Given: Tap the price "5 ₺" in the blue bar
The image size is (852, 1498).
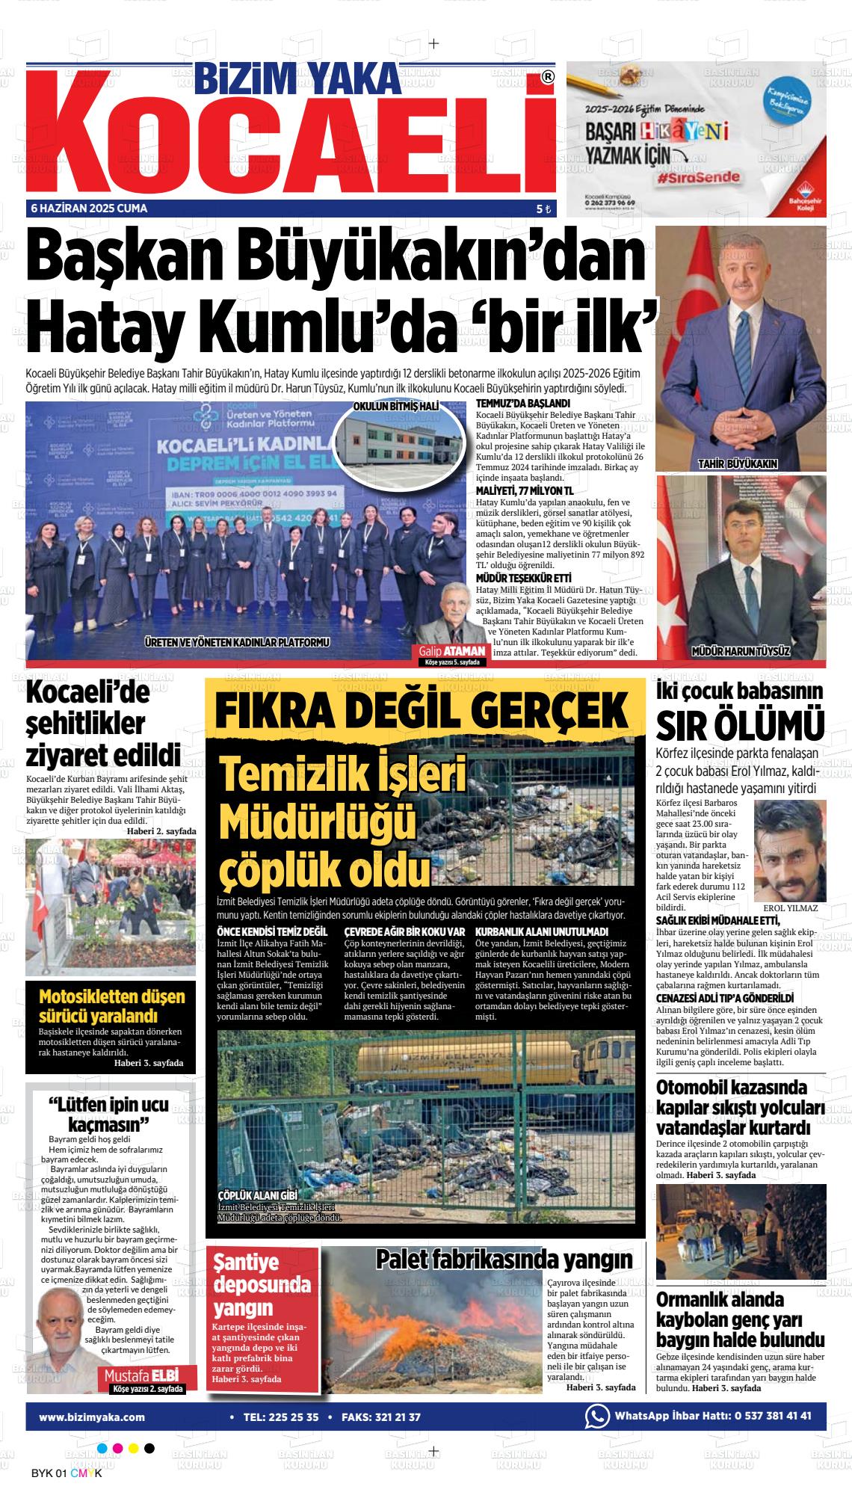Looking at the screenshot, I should (543, 209).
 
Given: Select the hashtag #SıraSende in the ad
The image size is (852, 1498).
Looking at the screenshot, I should (699, 178).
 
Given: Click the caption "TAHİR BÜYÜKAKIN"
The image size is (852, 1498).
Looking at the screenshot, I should (737, 464).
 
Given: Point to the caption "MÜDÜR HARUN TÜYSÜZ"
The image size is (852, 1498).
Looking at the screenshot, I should (741, 651).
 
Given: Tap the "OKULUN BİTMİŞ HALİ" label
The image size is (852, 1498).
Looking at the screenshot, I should (395, 406).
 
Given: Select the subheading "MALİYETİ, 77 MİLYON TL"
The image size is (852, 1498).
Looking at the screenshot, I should (524, 490).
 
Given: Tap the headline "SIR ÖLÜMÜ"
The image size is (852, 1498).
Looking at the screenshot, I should (740, 725).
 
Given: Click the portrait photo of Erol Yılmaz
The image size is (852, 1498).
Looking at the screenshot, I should (790, 851).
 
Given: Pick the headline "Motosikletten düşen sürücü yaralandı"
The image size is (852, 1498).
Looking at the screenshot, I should (111, 1006).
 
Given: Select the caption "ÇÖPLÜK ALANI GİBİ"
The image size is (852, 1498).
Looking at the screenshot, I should (258, 1215).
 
